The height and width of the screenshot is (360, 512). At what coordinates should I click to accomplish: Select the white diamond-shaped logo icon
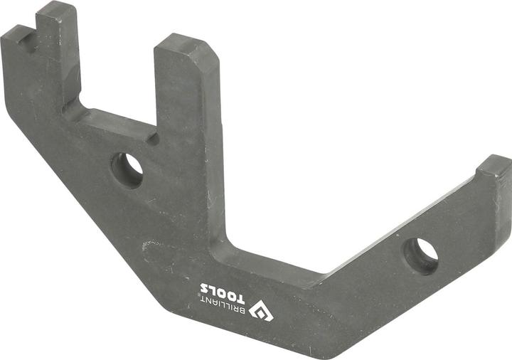pos(261,311)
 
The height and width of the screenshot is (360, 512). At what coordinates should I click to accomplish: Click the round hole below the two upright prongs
pos(128,169)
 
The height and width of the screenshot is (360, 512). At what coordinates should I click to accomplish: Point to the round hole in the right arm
pos(421,254)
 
